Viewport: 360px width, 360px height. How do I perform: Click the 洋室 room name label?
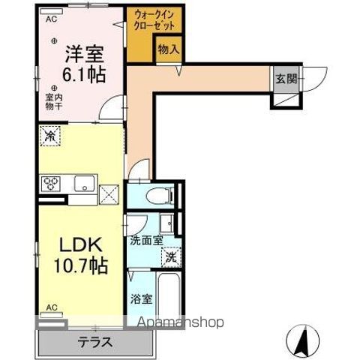[82, 54]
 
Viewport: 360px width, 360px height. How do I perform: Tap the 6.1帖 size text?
[82, 74]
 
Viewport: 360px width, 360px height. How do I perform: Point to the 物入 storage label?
[169, 50]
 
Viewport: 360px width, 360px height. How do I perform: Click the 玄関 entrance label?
[285, 78]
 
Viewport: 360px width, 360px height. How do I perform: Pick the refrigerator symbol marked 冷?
[50, 136]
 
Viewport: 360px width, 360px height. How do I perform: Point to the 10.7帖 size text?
[79, 265]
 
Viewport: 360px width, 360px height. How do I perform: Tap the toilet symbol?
[153, 195]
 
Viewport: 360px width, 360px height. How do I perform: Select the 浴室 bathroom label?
[142, 298]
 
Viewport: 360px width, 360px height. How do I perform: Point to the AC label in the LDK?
[51, 307]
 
